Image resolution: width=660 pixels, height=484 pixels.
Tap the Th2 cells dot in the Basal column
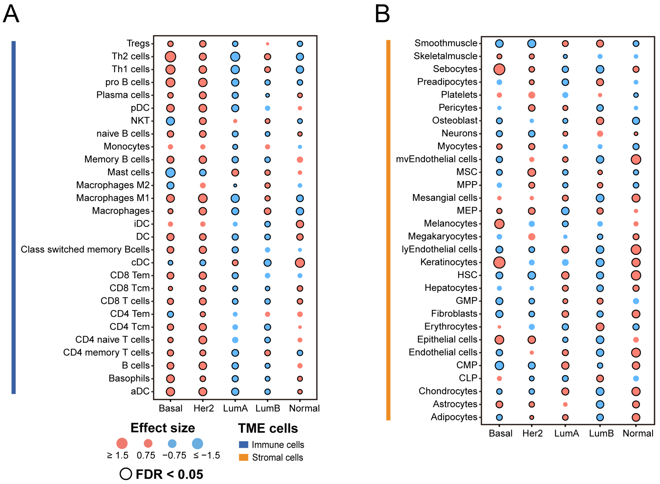[x=171, y=57]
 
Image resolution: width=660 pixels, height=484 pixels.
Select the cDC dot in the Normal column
[x=300, y=263]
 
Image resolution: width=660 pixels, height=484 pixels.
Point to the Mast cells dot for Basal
[x=171, y=173]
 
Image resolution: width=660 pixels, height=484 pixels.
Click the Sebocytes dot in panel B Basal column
[x=499, y=70]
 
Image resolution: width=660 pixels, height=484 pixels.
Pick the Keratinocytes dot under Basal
[x=499, y=263]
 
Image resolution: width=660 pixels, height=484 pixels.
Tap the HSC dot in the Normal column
[x=636, y=275]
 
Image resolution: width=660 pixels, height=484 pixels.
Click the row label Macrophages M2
[x=113, y=185]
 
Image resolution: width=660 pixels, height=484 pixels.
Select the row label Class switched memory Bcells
[x=85, y=250]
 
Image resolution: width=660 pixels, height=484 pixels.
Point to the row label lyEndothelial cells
[x=439, y=249]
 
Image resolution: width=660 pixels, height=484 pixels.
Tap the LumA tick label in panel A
[x=235, y=408]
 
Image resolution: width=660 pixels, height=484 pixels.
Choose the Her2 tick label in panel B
[x=532, y=433]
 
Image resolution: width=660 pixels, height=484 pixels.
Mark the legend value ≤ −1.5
[x=206, y=456]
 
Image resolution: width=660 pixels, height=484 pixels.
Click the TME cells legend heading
[x=268, y=428]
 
